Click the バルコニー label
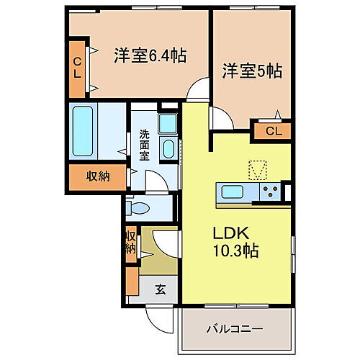235,330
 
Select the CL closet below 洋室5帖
272,131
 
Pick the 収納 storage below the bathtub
95,176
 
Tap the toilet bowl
139,209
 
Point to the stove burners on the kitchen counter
270,192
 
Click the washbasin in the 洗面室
168,149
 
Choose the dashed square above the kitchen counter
258,170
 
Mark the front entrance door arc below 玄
160,317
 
